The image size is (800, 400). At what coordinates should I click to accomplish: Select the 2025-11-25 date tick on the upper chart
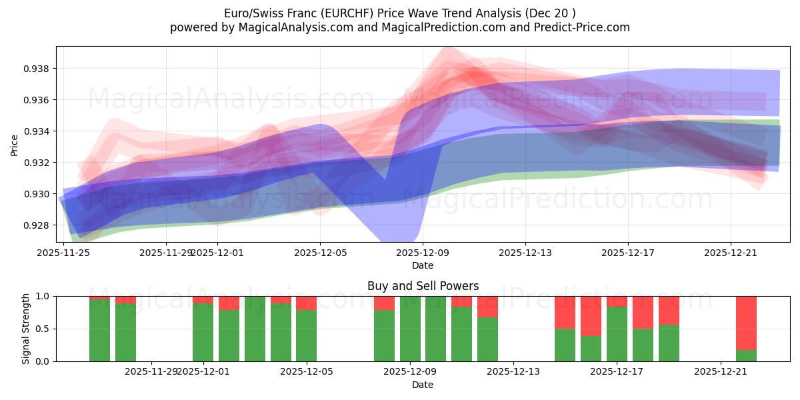click(63, 253)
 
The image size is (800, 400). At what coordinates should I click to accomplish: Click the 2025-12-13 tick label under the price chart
click(525, 253)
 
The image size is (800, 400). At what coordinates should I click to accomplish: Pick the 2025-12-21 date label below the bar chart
click(721, 372)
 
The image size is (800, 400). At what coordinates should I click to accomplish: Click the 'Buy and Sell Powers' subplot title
click(423, 286)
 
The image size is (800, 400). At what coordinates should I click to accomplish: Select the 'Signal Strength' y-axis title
click(26, 329)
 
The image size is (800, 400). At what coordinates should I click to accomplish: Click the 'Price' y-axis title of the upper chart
click(15, 144)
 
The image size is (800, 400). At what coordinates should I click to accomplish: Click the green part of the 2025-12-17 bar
click(617, 335)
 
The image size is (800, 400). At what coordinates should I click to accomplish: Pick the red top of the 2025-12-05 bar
click(306, 303)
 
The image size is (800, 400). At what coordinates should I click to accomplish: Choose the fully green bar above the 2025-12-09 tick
click(410, 329)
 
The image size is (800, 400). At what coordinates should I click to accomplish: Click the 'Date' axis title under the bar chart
click(423, 385)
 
